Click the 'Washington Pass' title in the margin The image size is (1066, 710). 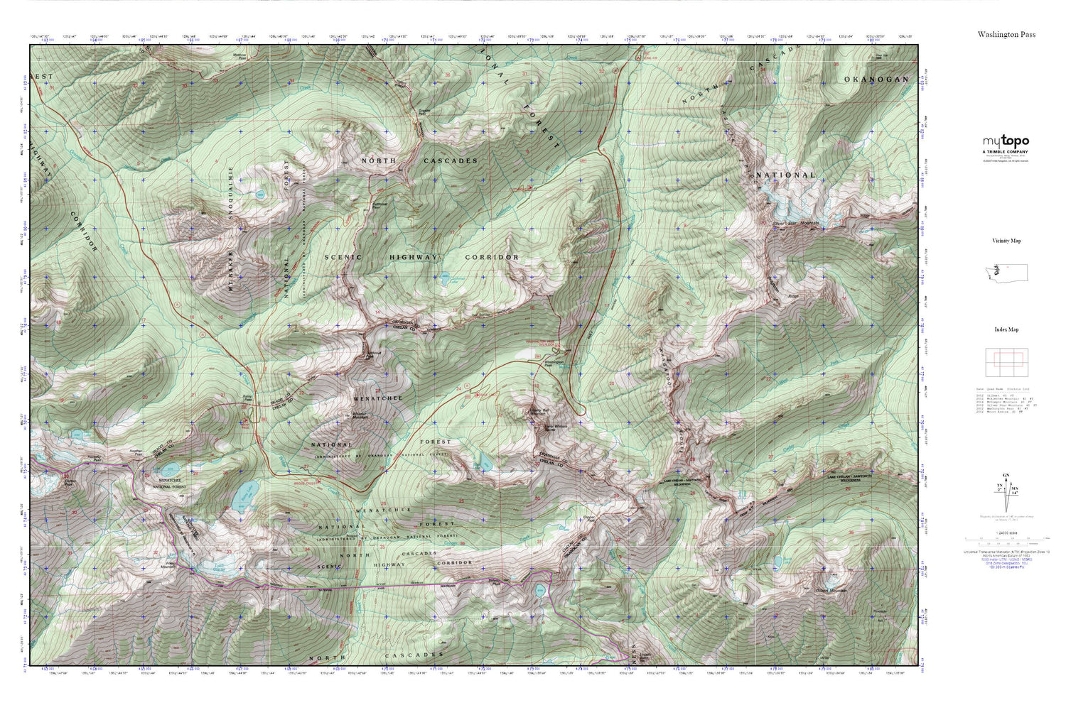pos(1006,34)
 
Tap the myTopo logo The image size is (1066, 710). pos(1006,141)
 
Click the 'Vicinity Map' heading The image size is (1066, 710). pos(1006,241)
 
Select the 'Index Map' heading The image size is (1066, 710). pos(1006,329)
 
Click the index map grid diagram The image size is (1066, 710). pos(1006,364)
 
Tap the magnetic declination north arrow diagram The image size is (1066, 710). pos(1006,491)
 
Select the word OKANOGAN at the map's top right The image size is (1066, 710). pos(876,80)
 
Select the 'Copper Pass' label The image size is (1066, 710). pos(588,518)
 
